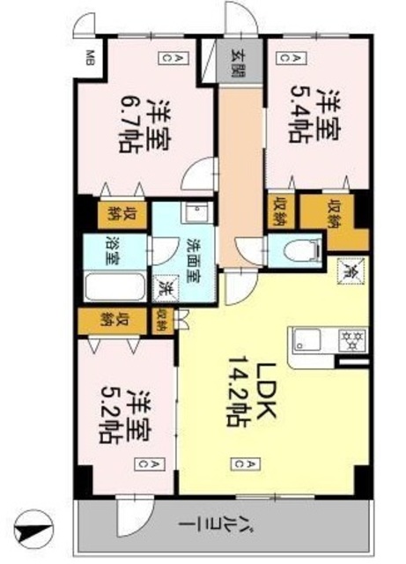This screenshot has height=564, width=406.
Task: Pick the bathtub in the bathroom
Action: click(x=114, y=287)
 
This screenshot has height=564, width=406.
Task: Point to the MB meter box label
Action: click(x=89, y=59)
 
